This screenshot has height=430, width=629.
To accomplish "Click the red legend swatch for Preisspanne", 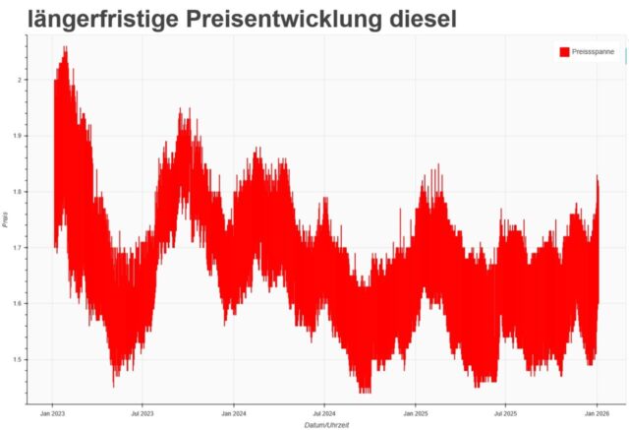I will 564,52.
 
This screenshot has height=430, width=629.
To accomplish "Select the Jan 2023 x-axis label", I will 53,414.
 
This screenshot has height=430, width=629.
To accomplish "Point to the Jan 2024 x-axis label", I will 234,414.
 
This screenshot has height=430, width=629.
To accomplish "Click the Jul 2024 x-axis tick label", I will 324,414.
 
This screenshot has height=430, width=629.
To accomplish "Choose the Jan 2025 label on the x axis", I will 415,414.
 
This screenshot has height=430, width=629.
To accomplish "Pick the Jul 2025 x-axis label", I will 505,414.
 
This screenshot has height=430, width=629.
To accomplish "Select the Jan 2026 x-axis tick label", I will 597,414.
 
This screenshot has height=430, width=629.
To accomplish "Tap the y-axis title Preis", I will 6,220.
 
